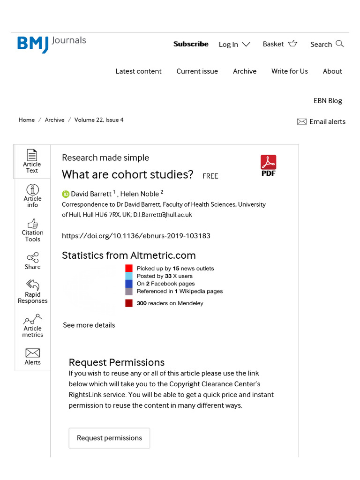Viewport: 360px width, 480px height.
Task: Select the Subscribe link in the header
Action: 191,44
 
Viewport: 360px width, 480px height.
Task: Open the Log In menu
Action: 234,45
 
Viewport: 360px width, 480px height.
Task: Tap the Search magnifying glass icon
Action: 340,44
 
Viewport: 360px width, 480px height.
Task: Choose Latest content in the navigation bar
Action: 138,71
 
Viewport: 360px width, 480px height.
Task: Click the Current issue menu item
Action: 197,71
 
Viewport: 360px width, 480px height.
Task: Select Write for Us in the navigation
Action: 289,71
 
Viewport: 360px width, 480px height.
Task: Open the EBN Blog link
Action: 328,101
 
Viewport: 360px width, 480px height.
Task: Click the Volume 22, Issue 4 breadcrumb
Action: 99,120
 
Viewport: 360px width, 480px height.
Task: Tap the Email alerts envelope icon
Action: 301,122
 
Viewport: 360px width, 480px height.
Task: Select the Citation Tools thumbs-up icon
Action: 33,223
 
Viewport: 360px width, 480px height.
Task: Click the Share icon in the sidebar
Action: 33,257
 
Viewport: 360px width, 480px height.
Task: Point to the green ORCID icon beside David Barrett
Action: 66,194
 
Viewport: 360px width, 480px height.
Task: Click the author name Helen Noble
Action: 140,194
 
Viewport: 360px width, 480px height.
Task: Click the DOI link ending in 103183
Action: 136,236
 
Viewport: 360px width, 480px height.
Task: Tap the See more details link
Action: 89,325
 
